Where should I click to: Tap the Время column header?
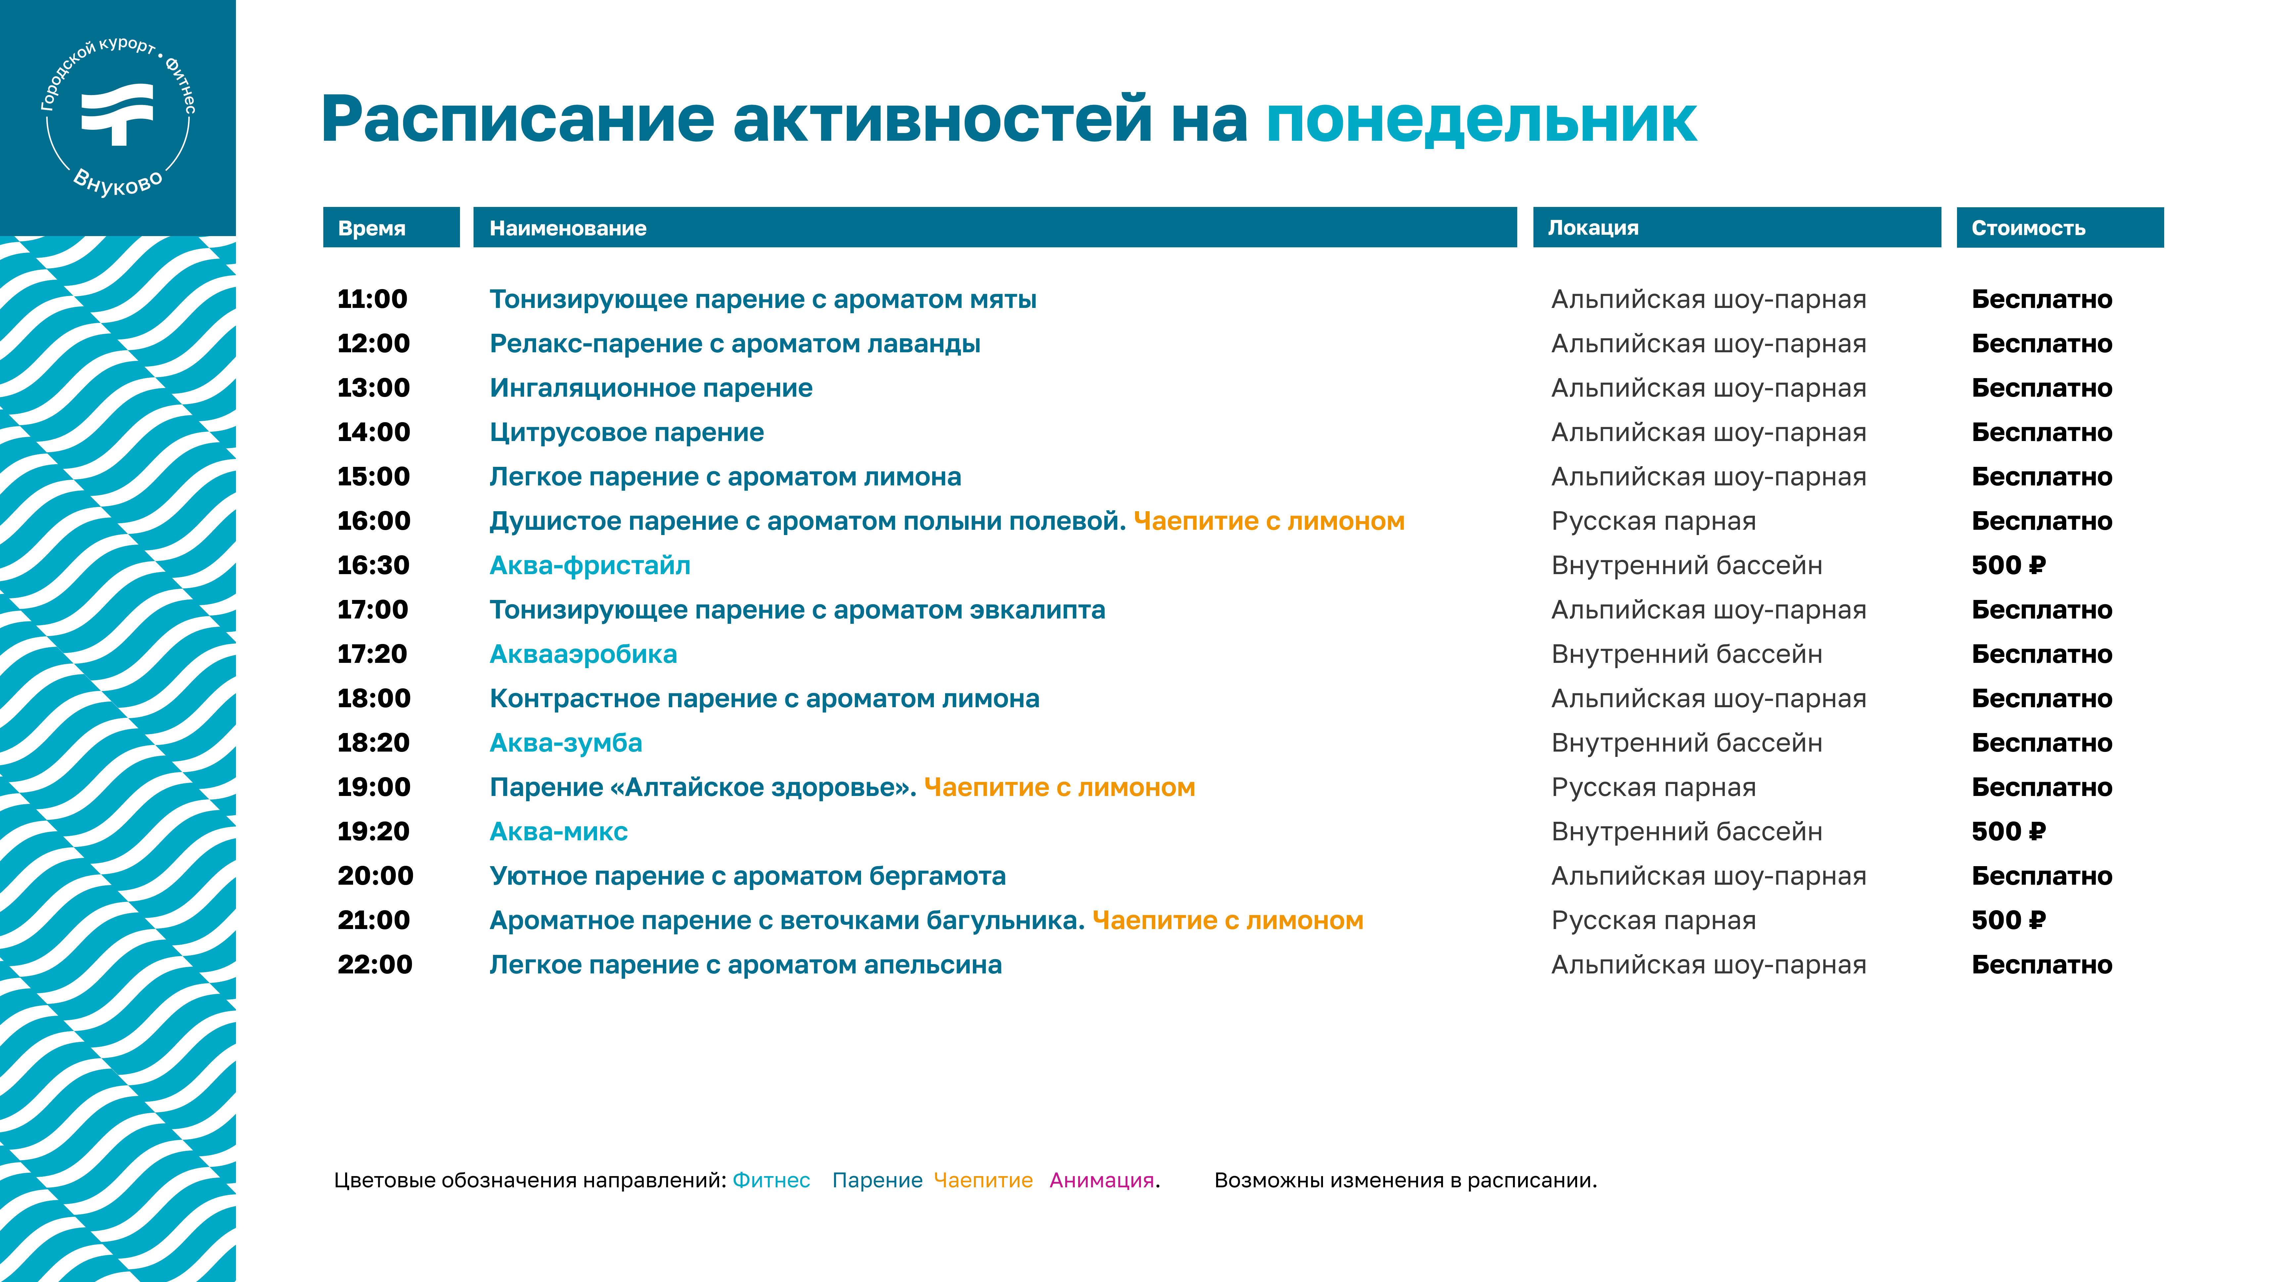(x=371, y=228)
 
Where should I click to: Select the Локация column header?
(x=1593, y=228)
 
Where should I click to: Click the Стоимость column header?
(x=2028, y=228)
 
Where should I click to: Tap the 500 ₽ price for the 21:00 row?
(x=2008, y=920)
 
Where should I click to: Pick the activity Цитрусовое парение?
(x=627, y=433)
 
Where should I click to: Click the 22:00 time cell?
(x=375, y=964)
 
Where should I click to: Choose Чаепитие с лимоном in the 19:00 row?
(x=1059, y=787)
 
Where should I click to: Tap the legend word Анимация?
(x=1102, y=1180)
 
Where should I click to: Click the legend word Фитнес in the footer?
(x=771, y=1180)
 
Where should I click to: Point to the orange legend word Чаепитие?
(x=983, y=1180)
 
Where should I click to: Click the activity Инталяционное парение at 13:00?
(x=651, y=388)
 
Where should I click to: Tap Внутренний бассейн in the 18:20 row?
(x=1686, y=743)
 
